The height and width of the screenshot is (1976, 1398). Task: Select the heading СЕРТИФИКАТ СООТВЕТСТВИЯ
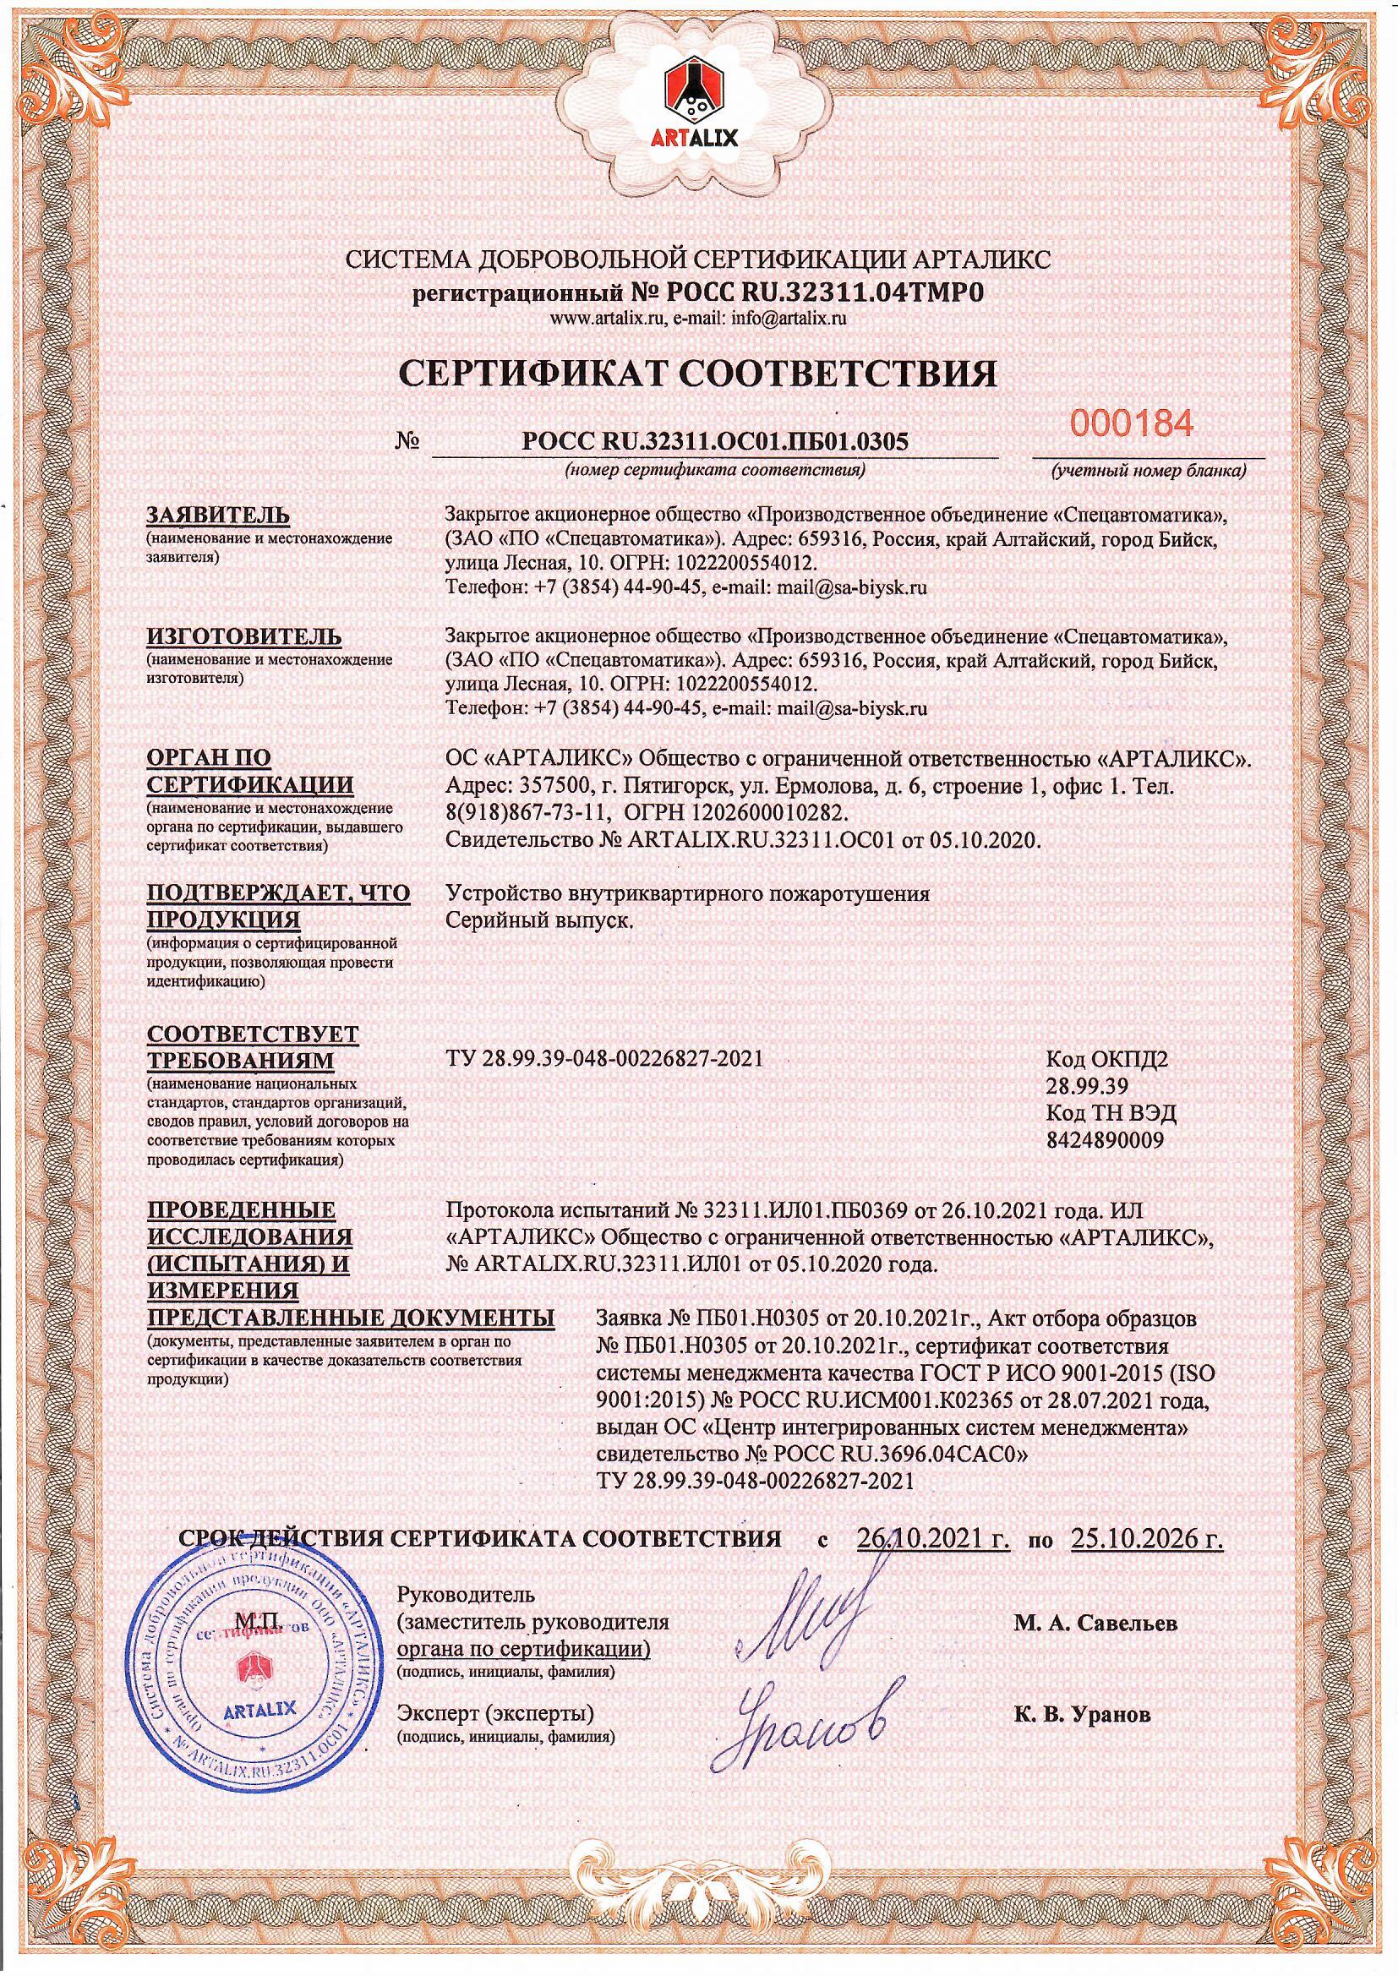pyautogui.click(x=699, y=374)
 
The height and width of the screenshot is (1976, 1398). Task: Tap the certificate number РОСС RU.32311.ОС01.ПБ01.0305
pyautogui.click(x=715, y=441)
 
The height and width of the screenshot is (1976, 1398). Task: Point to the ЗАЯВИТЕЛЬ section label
pyautogui.click(x=219, y=515)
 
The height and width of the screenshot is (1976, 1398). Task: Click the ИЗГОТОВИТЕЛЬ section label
pyautogui.click(x=244, y=636)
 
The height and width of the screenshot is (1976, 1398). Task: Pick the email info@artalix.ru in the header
pyautogui.click(x=789, y=319)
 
